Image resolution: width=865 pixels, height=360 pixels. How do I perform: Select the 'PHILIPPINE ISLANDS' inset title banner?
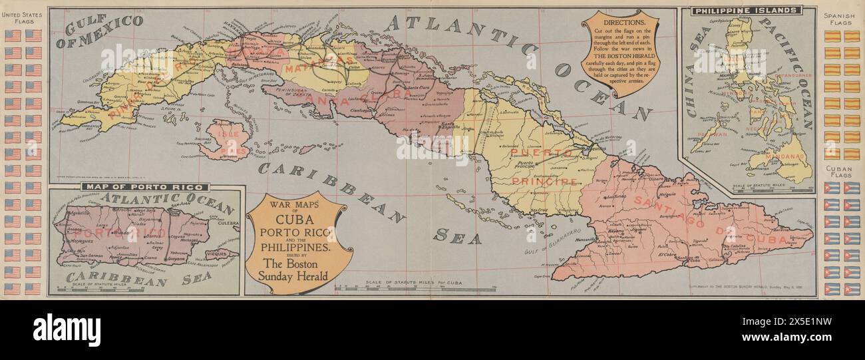(x=746, y=11)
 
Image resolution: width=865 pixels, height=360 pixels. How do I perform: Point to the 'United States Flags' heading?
(x=23, y=19)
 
